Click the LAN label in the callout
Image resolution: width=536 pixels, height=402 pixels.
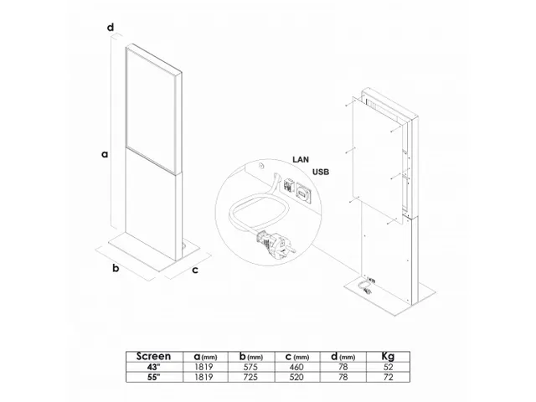tap(301, 158)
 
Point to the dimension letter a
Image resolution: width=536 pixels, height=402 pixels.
tap(105, 153)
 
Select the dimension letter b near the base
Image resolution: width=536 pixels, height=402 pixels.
tap(116, 268)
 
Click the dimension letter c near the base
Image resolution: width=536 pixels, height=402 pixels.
tap(194, 270)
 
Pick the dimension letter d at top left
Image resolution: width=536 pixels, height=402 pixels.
tap(110, 28)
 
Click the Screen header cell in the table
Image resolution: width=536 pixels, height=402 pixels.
tap(153, 356)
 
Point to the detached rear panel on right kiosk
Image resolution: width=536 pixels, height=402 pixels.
tap(377, 159)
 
